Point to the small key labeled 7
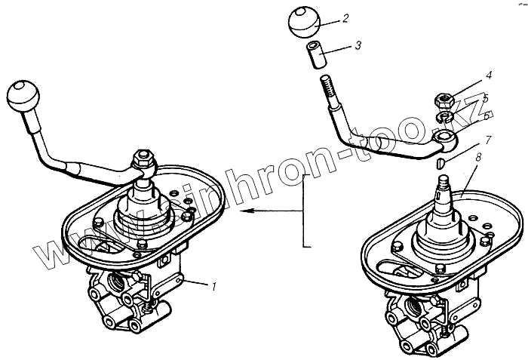pos(443,160)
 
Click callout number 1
pos(214,286)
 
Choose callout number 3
pos(358,45)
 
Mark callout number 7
pos(489,140)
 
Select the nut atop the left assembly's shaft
pos(142,159)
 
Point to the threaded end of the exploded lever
pos(327,87)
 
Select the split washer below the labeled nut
pos(445,115)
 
